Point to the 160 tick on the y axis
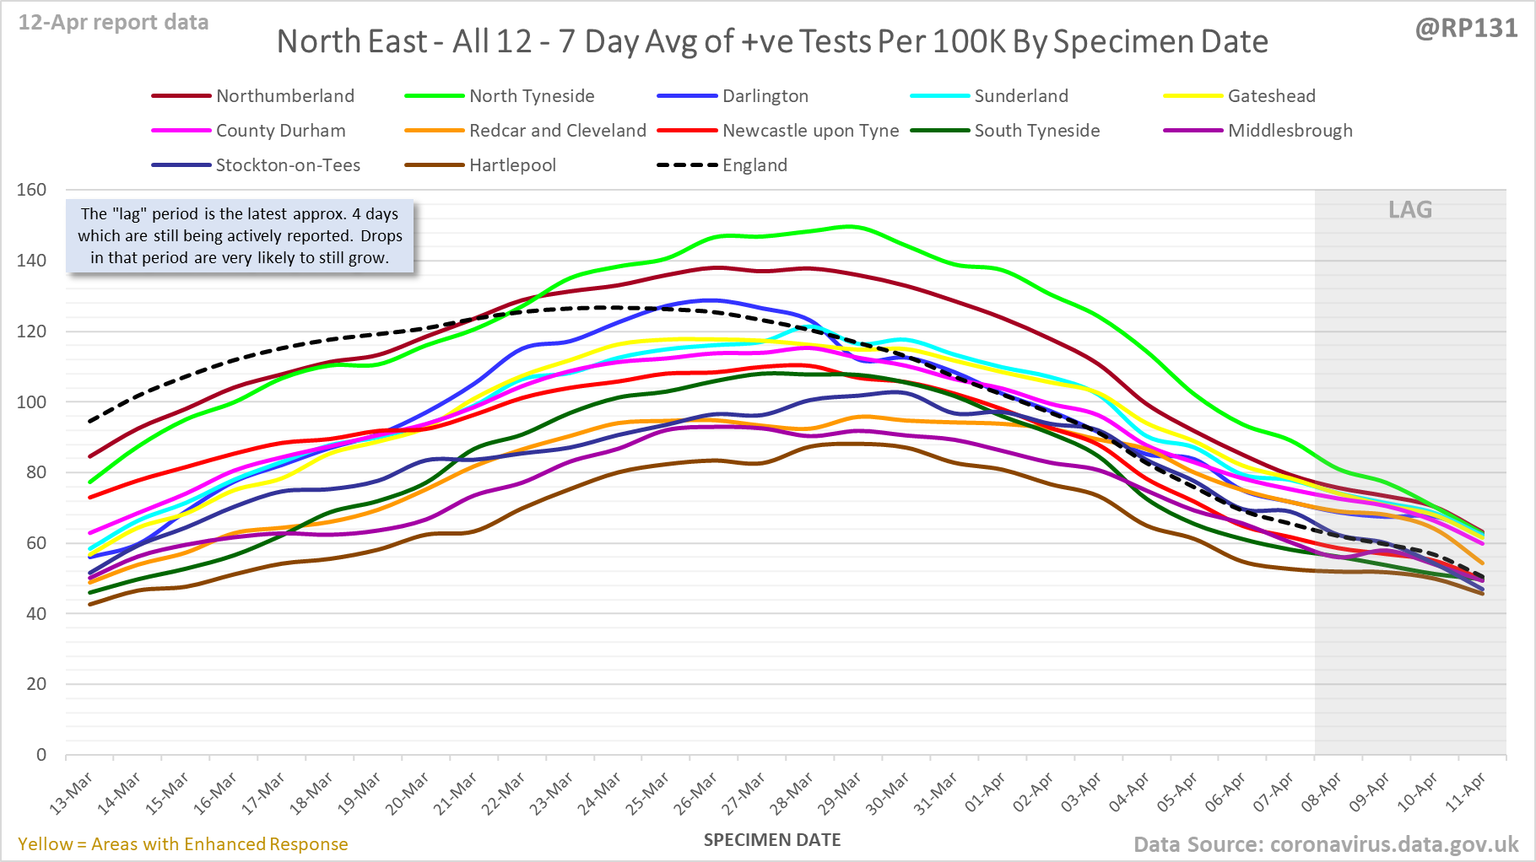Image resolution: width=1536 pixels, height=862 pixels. [32, 190]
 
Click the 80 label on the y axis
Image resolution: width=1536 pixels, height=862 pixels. [36, 472]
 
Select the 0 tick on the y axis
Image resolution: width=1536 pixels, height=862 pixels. [41, 755]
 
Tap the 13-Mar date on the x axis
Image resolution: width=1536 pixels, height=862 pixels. [72, 794]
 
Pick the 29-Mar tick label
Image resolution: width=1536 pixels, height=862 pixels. [841, 794]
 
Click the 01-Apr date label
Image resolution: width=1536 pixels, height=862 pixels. [985, 794]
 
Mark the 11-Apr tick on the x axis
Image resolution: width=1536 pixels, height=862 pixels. [1466, 794]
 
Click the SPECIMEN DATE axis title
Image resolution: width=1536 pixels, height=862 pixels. [772, 840]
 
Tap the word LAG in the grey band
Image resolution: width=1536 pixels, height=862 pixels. [1410, 210]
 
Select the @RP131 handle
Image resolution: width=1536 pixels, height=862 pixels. [1466, 29]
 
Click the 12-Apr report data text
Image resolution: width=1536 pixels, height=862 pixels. [113, 23]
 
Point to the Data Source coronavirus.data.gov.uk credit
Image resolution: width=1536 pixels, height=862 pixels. [1326, 844]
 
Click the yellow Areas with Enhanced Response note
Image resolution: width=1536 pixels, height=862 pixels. [182, 844]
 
